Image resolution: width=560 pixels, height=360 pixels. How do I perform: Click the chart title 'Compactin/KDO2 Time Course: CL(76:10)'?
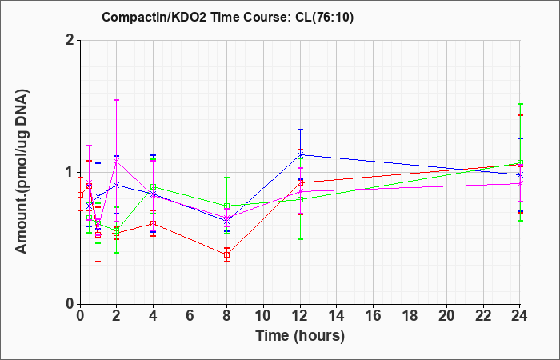(x=227, y=17)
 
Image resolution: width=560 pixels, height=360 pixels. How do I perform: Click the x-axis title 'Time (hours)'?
(x=300, y=336)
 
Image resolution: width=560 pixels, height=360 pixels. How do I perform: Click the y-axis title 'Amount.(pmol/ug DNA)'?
(x=22, y=172)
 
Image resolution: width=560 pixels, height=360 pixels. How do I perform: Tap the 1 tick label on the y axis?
(x=70, y=172)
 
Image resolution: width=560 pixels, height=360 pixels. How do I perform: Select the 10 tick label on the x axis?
(x=263, y=316)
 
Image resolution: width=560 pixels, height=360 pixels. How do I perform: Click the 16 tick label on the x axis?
(x=374, y=316)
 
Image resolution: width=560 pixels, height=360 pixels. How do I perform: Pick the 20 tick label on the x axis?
(x=446, y=316)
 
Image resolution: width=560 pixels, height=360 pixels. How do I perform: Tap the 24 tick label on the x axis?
(x=520, y=316)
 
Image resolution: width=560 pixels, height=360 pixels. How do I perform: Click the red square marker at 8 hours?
(x=226, y=254)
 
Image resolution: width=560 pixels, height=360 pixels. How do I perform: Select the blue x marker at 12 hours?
(x=300, y=154)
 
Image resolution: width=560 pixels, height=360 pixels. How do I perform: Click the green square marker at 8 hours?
(x=226, y=206)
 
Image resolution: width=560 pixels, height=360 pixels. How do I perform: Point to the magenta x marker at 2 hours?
(x=116, y=162)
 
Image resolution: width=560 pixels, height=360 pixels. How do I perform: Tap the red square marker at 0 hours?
(x=80, y=194)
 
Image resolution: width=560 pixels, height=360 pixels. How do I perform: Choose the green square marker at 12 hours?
(x=300, y=200)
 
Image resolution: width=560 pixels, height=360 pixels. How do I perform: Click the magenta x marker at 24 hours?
(x=520, y=183)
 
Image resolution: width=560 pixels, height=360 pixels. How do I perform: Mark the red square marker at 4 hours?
(x=154, y=223)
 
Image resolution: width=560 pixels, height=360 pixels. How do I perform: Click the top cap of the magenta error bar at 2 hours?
(x=116, y=100)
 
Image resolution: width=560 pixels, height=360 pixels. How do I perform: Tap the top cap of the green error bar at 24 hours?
(x=520, y=104)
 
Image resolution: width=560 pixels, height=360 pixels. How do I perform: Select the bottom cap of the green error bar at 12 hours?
(x=300, y=239)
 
